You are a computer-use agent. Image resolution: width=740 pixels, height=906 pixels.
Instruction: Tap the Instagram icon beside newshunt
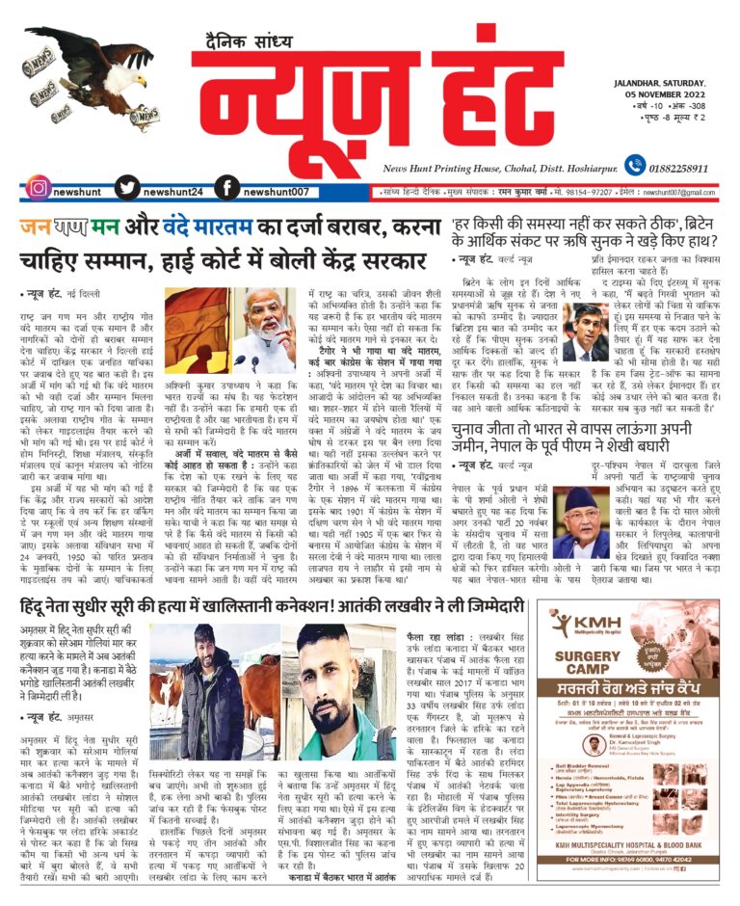(x=38, y=188)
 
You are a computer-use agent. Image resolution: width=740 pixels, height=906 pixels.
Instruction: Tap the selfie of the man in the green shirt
(x=330, y=678)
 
